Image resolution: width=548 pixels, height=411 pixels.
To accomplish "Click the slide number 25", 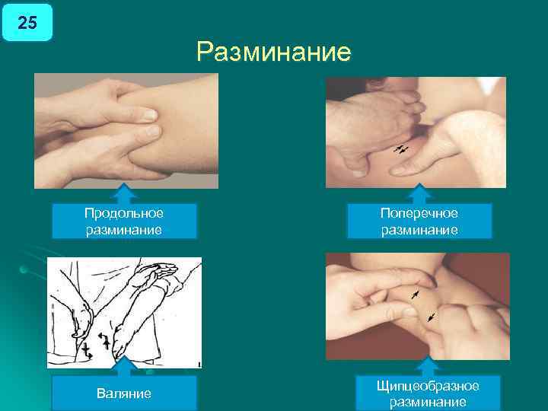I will click(x=27, y=23).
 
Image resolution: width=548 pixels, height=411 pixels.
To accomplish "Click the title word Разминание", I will click(x=273, y=53).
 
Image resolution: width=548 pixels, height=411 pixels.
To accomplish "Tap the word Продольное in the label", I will click(x=124, y=213).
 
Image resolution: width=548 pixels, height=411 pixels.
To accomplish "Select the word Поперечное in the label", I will click(x=419, y=213).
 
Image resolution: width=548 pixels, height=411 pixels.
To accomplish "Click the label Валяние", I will click(x=124, y=393).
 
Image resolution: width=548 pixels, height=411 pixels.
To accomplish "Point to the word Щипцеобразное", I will click(x=428, y=387).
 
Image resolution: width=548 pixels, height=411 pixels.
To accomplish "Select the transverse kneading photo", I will click(x=416, y=132).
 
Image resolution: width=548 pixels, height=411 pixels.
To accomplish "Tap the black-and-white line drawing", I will click(x=124, y=312).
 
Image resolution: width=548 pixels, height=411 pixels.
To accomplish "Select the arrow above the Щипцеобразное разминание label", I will click(x=428, y=366).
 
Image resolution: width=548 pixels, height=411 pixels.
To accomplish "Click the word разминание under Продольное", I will click(x=124, y=229).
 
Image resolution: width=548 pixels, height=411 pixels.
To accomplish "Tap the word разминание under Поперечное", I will click(x=419, y=229).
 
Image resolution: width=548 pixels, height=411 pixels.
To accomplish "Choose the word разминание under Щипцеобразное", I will click(x=428, y=403).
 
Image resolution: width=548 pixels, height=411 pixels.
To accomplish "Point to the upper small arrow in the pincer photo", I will click(x=415, y=293).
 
